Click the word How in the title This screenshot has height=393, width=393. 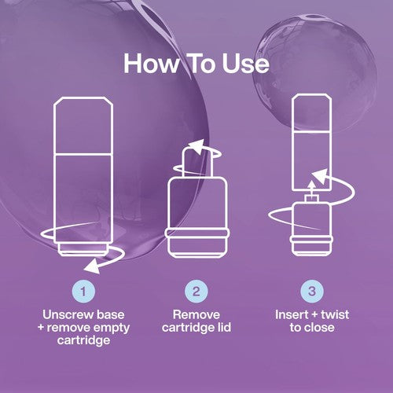[152, 64]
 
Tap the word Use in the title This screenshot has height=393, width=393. [246, 64]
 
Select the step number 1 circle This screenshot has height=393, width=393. [83, 292]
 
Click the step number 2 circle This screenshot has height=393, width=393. [196, 292]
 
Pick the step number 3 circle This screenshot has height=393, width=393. [312, 292]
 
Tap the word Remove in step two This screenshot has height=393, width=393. [196, 314]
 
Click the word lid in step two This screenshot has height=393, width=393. [223, 328]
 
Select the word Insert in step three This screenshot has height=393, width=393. [291, 314]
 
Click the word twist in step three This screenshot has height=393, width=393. [335, 314]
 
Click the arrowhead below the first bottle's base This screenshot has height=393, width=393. [92, 267]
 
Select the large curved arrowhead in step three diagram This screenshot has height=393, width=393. [320, 176]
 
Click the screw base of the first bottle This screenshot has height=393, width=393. [83, 249]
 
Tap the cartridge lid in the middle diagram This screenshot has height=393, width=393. [197, 163]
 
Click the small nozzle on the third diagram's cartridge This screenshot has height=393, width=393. [311, 199]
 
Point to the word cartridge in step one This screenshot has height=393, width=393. [83, 340]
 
